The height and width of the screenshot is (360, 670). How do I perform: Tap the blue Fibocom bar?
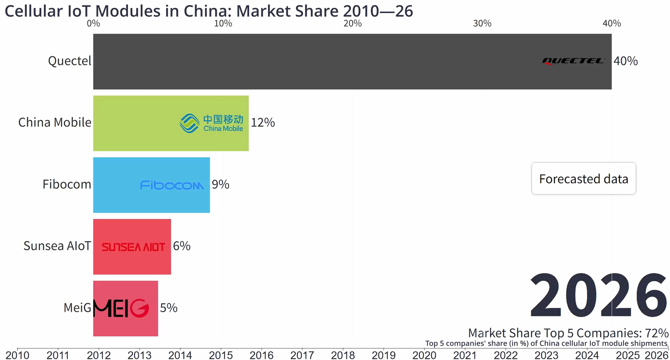click(x=116, y=185)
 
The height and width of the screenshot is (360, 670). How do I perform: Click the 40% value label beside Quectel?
click(x=625, y=61)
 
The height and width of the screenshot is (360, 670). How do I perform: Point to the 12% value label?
click(x=263, y=123)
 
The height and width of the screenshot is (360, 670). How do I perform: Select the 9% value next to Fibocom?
click(x=220, y=185)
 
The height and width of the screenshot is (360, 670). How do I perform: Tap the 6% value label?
click(x=182, y=246)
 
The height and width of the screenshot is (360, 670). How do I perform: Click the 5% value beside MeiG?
click(x=169, y=308)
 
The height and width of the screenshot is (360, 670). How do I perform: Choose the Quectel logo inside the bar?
click(x=573, y=61)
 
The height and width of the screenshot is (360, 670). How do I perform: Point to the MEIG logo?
click(x=121, y=308)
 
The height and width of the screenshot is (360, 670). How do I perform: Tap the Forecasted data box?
click(x=583, y=179)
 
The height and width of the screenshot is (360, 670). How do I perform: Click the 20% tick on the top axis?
click(x=352, y=24)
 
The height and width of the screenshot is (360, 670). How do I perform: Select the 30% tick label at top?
click(x=482, y=24)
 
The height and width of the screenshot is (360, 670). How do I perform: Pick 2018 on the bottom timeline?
click(x=343, y=355)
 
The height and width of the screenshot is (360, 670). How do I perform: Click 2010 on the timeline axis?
click(x=17, y=355)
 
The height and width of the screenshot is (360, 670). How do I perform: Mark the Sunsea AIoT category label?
click(x=57, y=246)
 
